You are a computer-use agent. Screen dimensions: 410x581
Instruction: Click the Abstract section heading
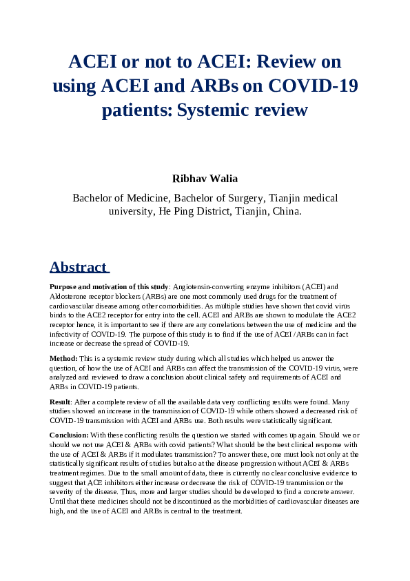(x=78, y=267)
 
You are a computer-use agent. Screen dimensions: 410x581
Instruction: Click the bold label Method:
(x=63, y=359)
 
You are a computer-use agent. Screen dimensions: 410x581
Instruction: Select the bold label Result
(x=61, y=401)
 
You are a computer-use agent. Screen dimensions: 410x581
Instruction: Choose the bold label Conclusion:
(x=69, y=435)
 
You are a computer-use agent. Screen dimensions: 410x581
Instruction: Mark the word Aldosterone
(x=76, y=294)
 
